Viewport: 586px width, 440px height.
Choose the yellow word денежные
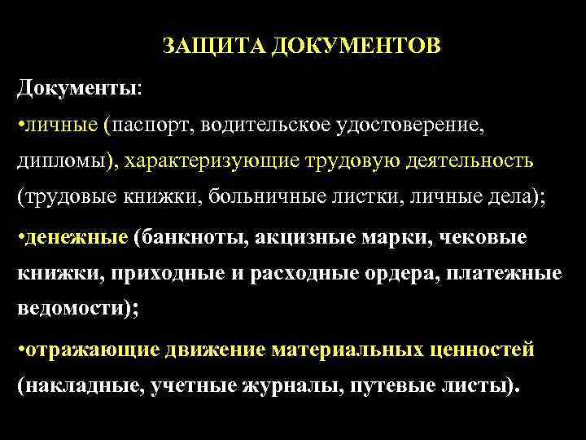point(77,236)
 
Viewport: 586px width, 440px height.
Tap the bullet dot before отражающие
point(20,350)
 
